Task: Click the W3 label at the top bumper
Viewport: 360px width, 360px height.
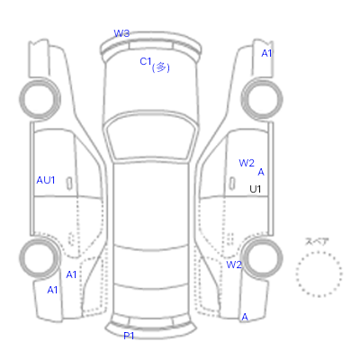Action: tap(121, 33)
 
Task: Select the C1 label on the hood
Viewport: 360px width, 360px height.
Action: tap(146, 61)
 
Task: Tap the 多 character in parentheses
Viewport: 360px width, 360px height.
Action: tap(161, 67)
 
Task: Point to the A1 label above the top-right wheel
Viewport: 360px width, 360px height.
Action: tap(266, 53)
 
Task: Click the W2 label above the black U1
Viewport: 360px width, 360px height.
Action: tap(247, 163)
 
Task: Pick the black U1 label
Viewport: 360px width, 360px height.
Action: tap(256, 189)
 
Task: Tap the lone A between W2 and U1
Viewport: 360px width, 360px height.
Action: tap(261, 172)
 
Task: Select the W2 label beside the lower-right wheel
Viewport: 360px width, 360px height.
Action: tap(234, 265)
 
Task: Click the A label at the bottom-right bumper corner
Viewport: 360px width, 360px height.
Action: tap(245, 317)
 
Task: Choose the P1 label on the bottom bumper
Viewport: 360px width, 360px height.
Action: tap(129, 336)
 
